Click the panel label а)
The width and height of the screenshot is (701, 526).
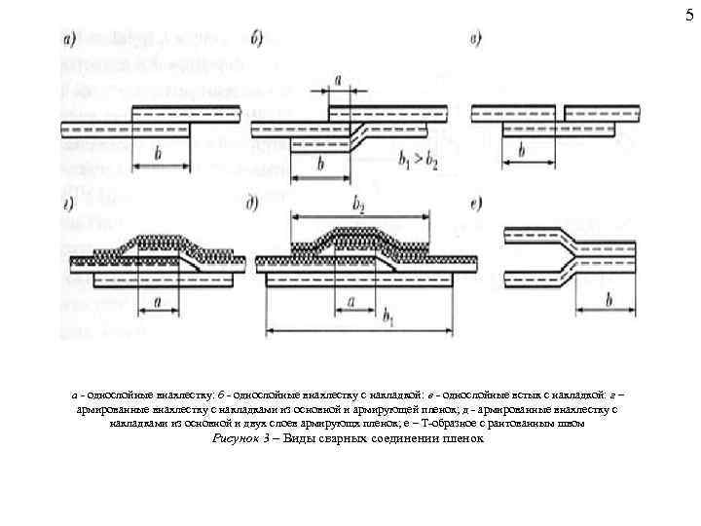(x=71, y=40)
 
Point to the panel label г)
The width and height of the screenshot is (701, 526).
(x=71, y=206)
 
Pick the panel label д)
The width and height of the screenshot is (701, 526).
(x=253, y=206)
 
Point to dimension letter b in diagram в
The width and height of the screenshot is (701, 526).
(x=522, y=151)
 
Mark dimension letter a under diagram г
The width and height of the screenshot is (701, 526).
(x=157, y=303)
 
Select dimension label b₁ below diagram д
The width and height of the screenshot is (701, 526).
(x=388, y=317)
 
